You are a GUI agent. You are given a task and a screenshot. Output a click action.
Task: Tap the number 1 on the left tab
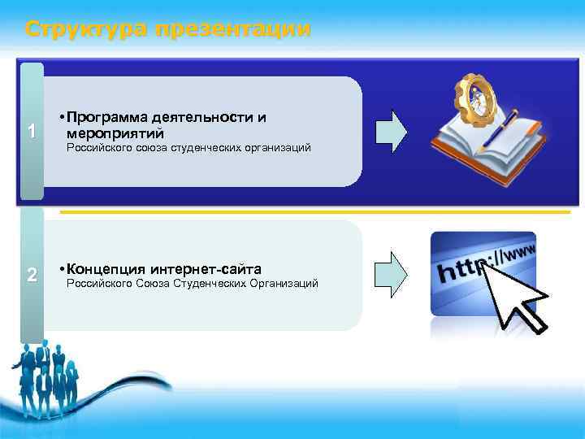coord(31,132)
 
